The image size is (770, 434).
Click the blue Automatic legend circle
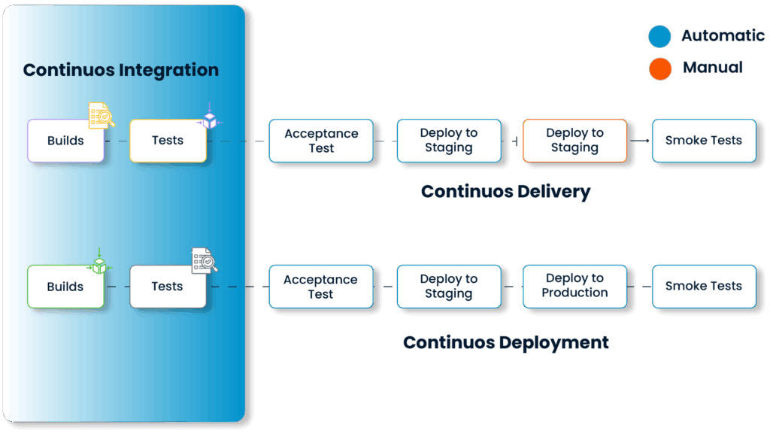coord(659,36)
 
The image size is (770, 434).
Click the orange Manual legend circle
coord(659,68)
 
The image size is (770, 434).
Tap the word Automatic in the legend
coord(723,35)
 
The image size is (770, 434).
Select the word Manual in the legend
coord(713,68)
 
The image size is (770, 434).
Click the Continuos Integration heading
coord(121,70)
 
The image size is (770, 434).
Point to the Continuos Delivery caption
coord(505,191)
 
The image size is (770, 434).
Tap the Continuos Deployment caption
coord(505,342)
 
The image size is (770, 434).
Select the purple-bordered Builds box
coord(65,141)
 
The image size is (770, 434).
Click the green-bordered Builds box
coord(65,287)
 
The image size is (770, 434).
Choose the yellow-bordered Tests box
coord(168,141)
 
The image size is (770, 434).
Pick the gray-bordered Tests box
coord(168,287)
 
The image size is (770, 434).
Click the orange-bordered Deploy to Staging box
coord(574,141)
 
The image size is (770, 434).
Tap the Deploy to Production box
coord(574,286)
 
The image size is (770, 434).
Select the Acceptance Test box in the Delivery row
coord(321,141)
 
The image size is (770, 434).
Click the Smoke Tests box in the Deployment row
coord(703,286)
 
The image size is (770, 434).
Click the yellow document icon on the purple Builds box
coord(101,116)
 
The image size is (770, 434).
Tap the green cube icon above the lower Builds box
coord(99,263)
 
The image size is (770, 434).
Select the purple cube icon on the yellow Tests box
coord(209,120)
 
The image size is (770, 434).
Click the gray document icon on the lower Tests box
coord(204,260)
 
